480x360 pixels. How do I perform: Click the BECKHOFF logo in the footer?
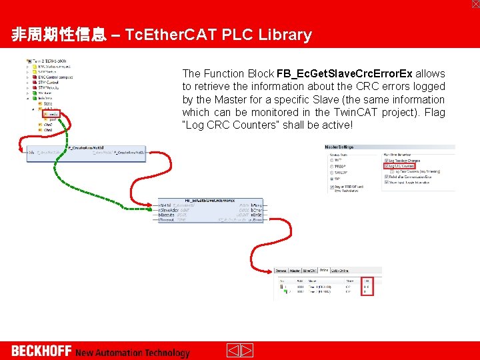[41, 351]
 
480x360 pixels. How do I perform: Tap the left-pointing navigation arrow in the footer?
[233, 351]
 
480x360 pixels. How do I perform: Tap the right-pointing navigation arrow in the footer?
[246, 351]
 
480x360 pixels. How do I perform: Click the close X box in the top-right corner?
[475, 4]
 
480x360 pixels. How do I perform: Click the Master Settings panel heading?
[339, 147]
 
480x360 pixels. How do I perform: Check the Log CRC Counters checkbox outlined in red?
[387, 166]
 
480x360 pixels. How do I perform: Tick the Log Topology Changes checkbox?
[387, 161]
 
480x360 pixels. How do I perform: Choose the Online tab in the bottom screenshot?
[323, 270]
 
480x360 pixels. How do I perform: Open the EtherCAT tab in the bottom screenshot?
[309, 270]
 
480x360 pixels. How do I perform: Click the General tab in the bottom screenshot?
[282, 270]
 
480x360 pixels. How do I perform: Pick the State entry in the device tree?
[47, 103]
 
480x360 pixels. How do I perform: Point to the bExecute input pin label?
[167, 215]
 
